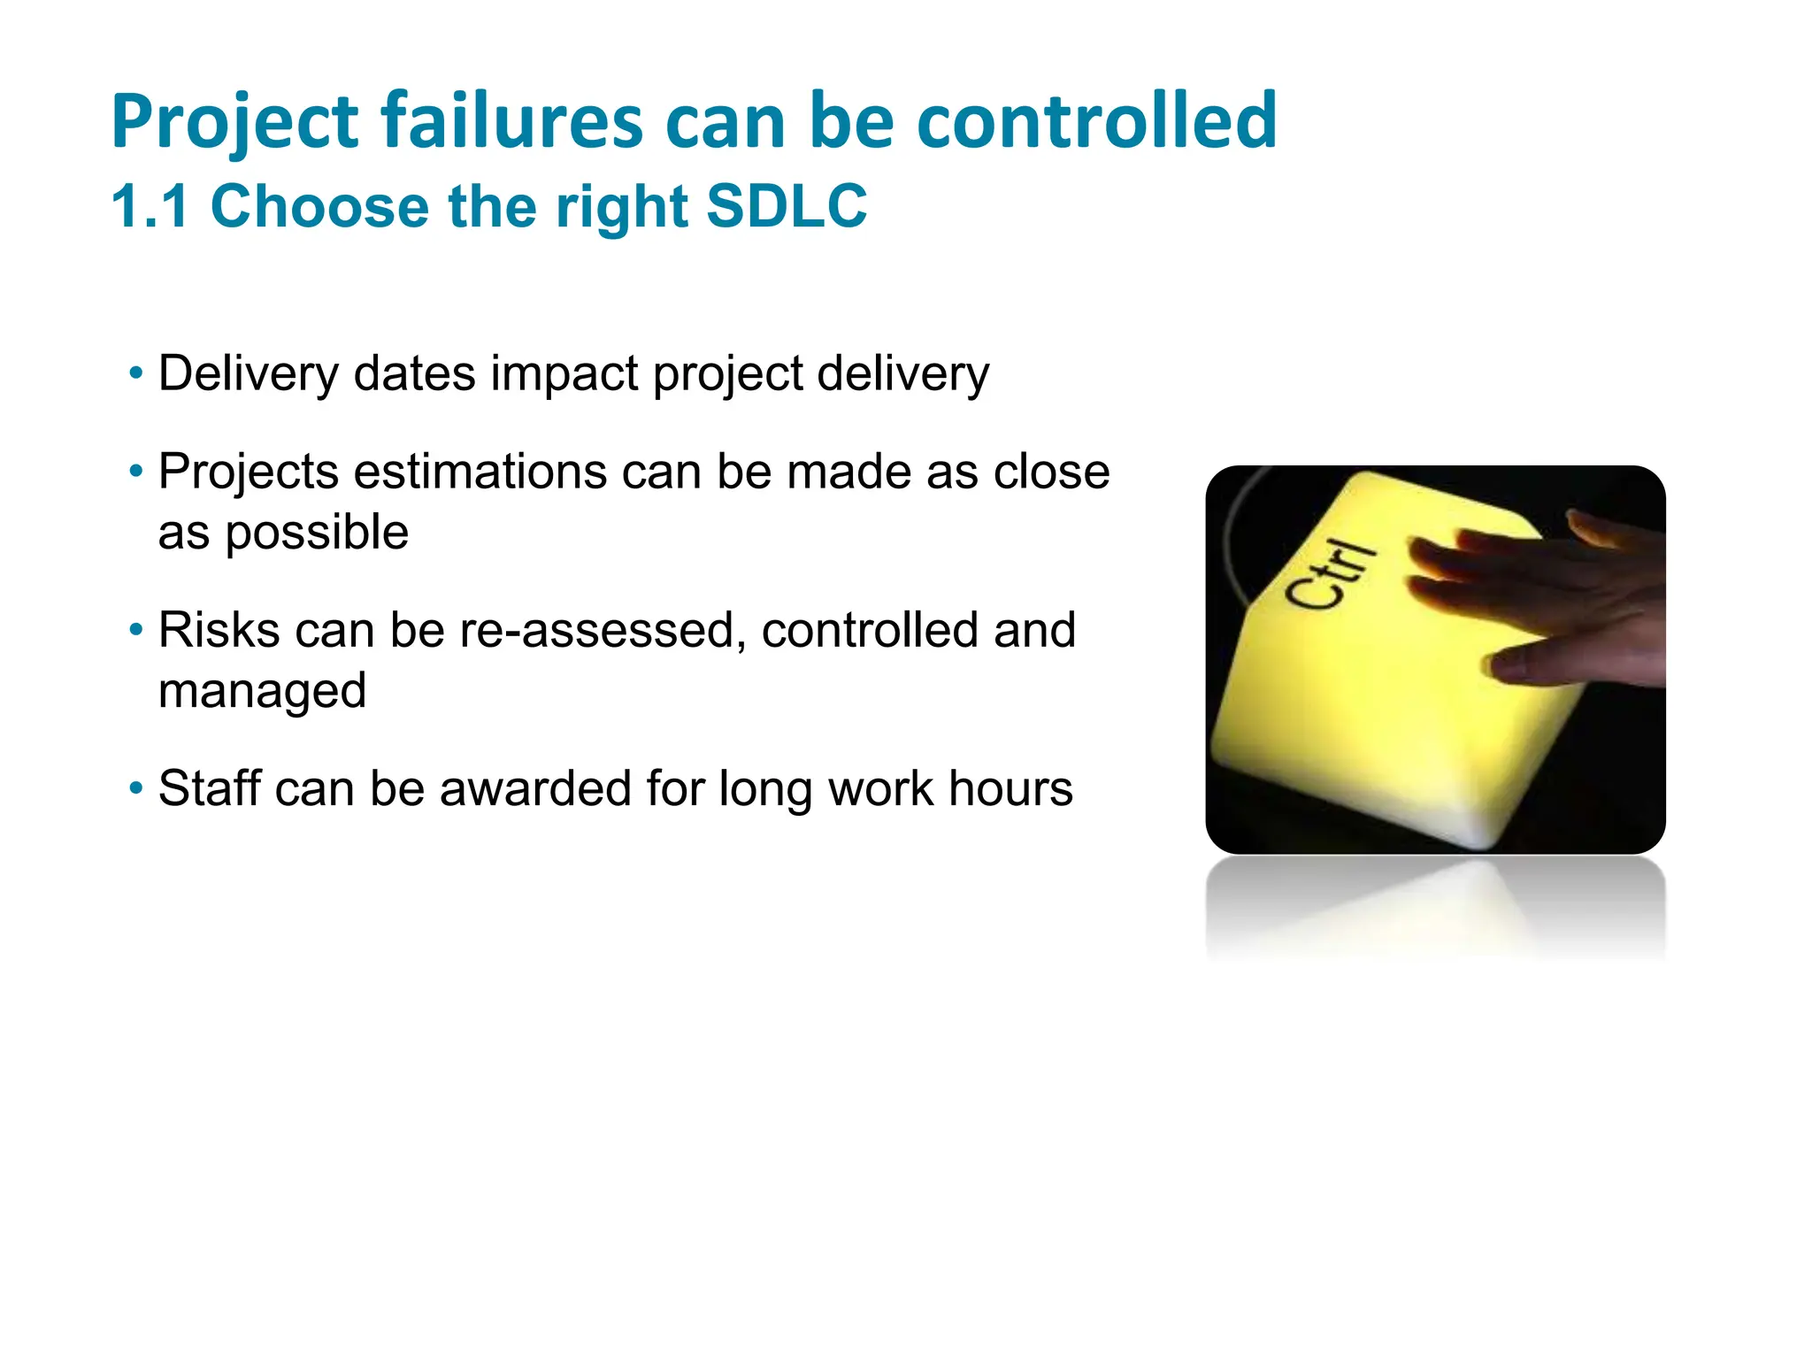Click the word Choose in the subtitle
pos(319,206)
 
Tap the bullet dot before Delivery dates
pos(135,373)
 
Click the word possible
pos(317,533)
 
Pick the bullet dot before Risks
pos(135,631)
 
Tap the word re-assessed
pos(597,631)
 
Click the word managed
pos(262,691)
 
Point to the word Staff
pos(209,788)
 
